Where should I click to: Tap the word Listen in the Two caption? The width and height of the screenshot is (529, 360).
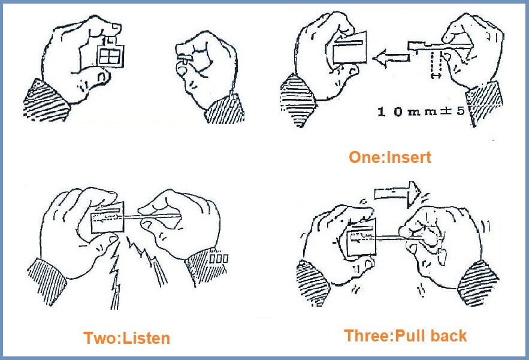(146, 338)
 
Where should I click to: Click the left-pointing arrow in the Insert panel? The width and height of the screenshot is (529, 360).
(391, 58)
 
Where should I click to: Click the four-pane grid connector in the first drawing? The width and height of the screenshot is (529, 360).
(110, 56)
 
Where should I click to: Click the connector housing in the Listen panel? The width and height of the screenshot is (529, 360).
(108, 218)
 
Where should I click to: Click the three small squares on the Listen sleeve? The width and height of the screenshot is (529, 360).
(219, 259)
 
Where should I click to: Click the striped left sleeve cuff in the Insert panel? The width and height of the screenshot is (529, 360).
(298, 100)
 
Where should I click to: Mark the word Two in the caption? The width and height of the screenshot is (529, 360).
(99, 338)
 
